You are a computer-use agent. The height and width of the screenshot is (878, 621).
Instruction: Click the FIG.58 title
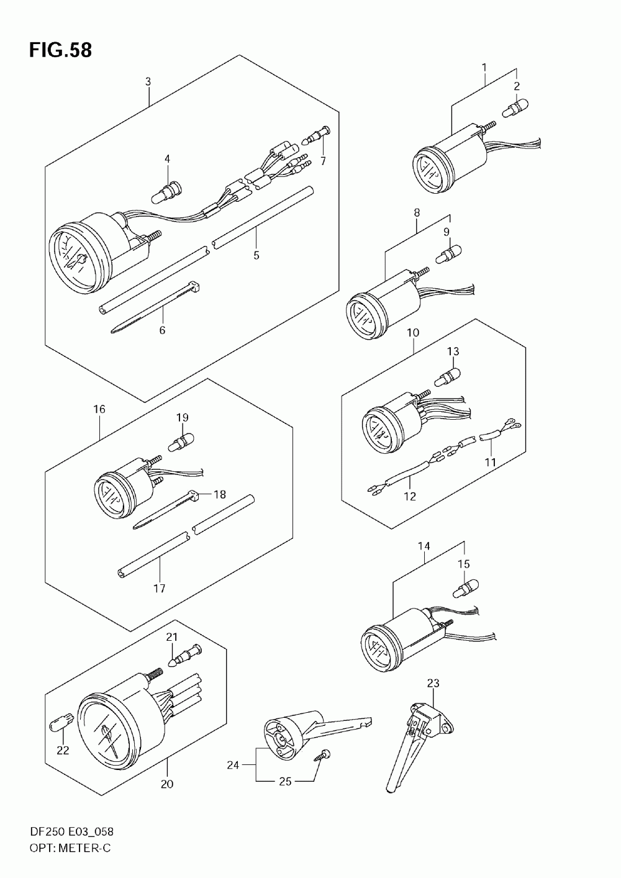(x=60, y=50)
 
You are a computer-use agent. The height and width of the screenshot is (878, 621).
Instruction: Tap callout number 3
(x=148, y=81)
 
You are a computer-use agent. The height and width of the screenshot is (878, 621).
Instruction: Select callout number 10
(x=413, y=333)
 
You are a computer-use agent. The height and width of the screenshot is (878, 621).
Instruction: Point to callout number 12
(x=410, y=496)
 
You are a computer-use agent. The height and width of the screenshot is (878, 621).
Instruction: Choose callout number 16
(x=99, y=409)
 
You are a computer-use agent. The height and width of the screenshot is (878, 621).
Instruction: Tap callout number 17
(x=160, y=588)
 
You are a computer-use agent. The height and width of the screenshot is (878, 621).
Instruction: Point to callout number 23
(x=433, y=683)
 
